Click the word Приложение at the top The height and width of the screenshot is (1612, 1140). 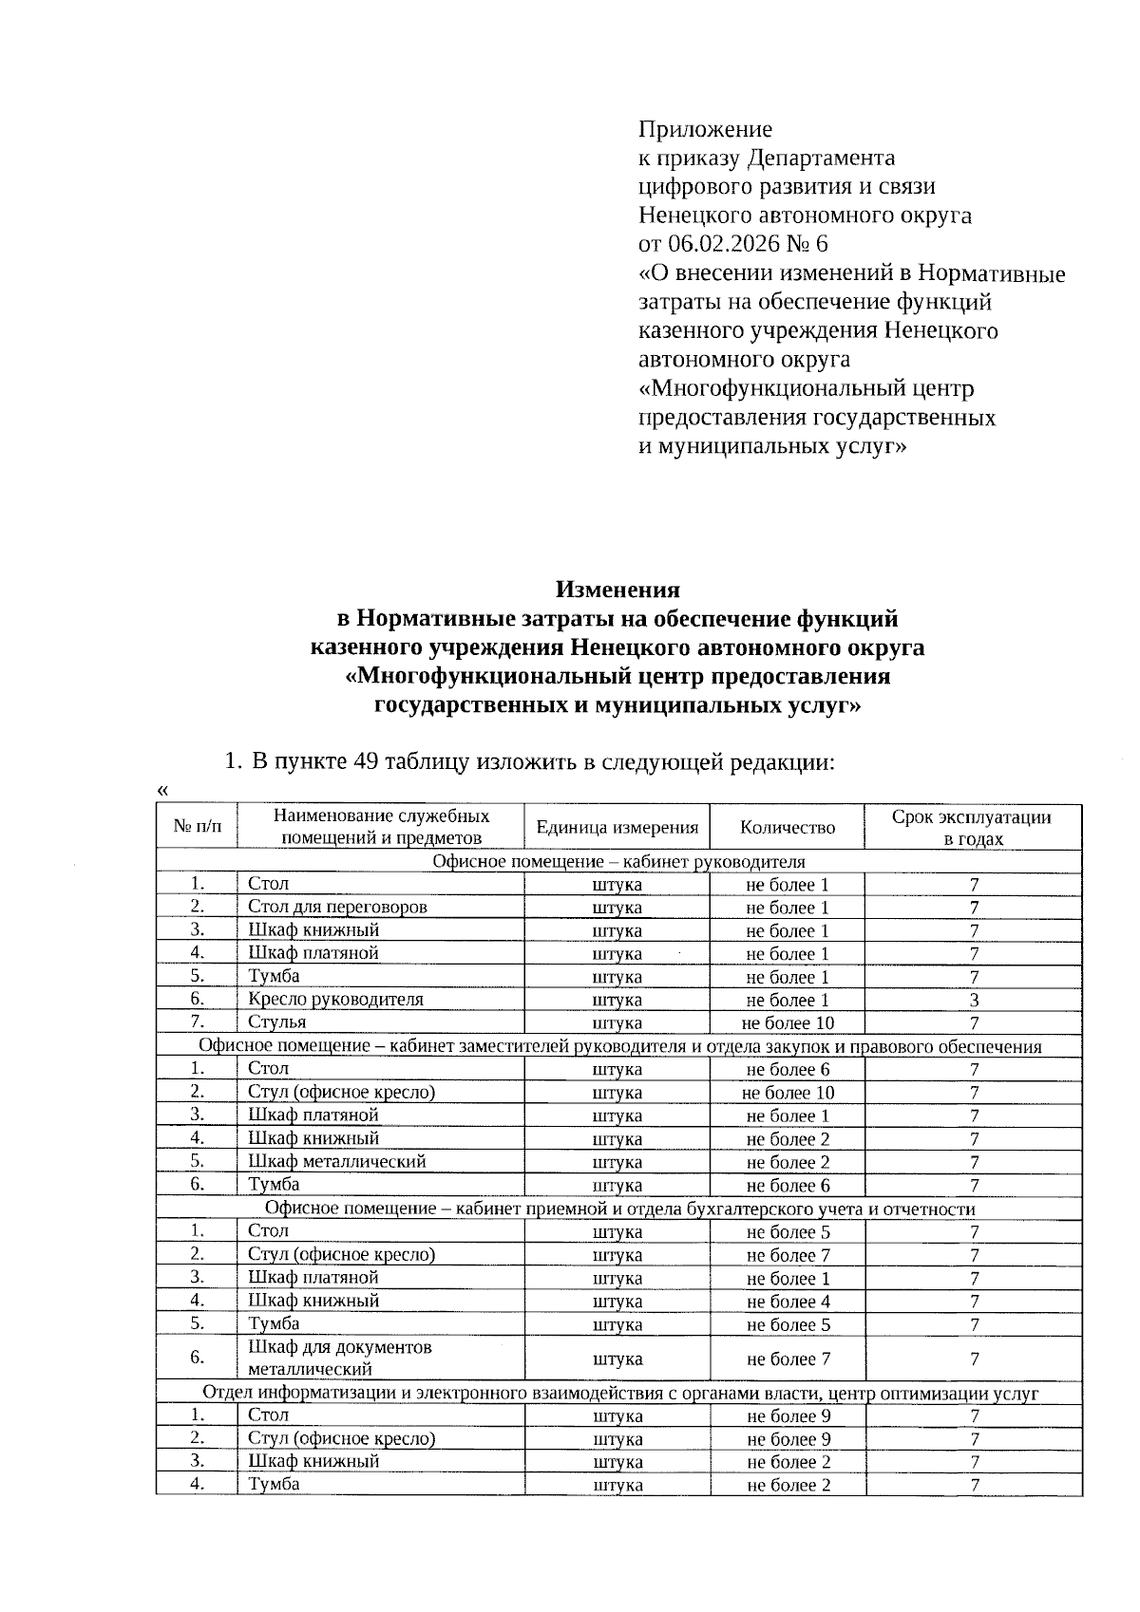(705, 129)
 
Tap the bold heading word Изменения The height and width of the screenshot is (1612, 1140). (617, 590)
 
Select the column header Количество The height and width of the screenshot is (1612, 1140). (788, 828)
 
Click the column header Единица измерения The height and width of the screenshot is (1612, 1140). (617, 828)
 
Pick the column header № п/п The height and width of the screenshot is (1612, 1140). (197, 828)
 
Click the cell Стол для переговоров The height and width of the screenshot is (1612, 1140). (337, 907)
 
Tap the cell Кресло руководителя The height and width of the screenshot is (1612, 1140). (335, 999)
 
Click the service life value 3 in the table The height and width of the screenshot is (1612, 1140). (974, 1000)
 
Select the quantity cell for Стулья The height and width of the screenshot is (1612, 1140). (788, 1023)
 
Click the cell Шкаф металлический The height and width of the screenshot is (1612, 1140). (336, 1161)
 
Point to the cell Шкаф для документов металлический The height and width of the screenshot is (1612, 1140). (339, 1358)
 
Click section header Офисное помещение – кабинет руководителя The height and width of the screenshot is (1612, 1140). (618, 862)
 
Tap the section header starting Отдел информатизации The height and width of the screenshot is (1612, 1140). (618, 1393)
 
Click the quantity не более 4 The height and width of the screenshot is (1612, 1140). (788, 1302)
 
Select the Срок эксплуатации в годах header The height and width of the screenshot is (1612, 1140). (972, 828)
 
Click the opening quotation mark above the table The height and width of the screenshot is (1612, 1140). (162, 791)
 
